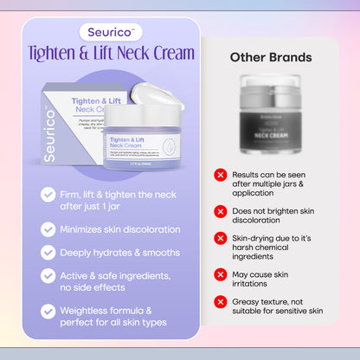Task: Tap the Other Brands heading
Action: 271,57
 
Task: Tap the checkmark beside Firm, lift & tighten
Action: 48,195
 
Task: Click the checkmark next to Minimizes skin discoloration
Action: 48,229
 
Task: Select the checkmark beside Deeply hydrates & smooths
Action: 48,253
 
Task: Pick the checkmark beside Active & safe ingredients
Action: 48,275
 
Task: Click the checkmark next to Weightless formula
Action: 48,310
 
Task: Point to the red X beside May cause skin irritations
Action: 221,273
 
